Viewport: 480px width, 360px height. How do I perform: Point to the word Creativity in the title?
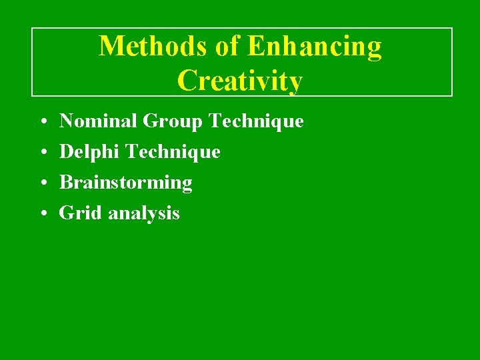(240, 81)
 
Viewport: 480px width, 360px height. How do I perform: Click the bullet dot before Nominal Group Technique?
(42, 122)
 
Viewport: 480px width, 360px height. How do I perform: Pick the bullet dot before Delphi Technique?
(42, 153)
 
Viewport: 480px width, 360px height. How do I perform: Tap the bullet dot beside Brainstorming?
(42, 183)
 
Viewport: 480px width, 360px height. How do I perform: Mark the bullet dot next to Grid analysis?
(42, 214)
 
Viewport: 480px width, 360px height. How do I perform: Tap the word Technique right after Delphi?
(173, 153)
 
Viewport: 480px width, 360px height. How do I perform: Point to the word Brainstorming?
(126, 183)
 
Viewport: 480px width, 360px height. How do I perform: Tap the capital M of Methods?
(111, 47)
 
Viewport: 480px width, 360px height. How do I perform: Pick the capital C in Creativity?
(188, 81)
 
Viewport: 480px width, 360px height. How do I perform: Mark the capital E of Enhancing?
(255, 47)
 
